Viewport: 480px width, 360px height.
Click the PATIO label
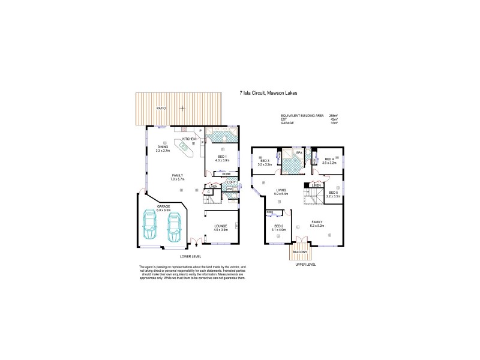click(x=160, y=108)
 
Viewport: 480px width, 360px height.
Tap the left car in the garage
click(x=149, y=225)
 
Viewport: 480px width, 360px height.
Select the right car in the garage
click(x=174, y=225)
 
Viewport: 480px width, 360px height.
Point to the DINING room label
click(x=163, y=146)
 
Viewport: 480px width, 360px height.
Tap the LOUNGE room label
click(x=221, y=226)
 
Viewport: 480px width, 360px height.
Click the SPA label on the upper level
click(x=298, y=153)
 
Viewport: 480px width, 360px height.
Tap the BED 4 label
click(x=329, y=160)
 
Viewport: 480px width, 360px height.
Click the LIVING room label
click(x=281, y=191)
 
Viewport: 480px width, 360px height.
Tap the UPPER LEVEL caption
click(x=306, y=265)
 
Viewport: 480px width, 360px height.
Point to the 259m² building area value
click(x=334, y=115)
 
